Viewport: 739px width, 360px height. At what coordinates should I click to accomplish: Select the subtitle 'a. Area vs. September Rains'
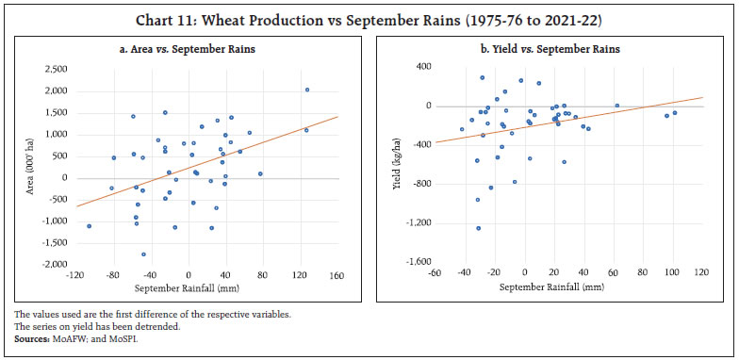(188, 49)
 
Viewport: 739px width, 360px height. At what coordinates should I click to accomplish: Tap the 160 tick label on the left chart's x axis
(335, 274)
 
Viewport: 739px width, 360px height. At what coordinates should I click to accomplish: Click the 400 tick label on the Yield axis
(424, 67)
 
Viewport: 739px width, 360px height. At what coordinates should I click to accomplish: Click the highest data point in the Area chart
(307, 90)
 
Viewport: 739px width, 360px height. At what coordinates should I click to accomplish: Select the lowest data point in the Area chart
(143, 254)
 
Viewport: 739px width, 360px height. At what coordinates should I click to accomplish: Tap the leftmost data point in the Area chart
(90, 226)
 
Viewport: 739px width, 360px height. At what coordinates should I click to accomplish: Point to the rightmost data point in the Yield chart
(674, 113)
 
